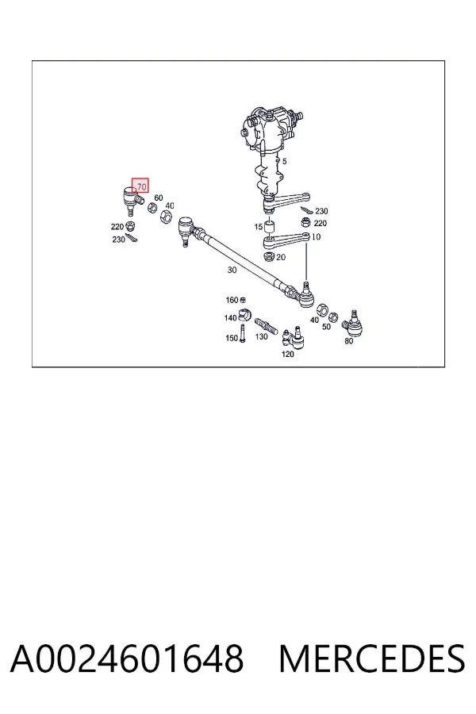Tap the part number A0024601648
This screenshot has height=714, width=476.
click(x=127, y=659)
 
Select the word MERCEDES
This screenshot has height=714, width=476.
click(x=372, y=659)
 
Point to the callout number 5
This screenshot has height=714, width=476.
click(x=285, y=161)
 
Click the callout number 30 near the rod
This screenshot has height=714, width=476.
click(x=232, y=270)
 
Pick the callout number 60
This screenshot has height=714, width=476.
click(x=158, y=198)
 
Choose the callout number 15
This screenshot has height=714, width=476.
click(x=259, y=227)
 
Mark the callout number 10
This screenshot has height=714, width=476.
click(x=316, y=236)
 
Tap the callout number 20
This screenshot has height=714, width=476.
click(x=281, y=257)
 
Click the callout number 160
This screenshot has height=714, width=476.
click(x=232, y=300)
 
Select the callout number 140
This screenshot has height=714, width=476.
click(x=231, y=318)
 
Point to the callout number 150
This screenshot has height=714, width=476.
click(x=232, y=338)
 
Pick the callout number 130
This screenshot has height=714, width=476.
click(x=261, y=336)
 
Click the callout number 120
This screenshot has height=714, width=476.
click(x=287, y=354)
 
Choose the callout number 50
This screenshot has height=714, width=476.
click(x=326, y=327)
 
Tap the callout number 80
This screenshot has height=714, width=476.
click(x=348, y=340)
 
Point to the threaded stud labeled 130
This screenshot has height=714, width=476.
click(x=266, y=326)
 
